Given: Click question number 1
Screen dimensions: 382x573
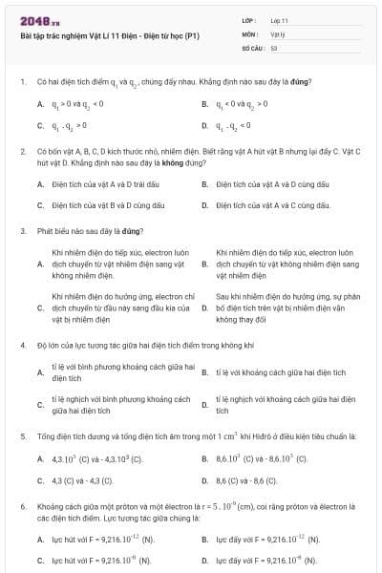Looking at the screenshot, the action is tap(22, 81).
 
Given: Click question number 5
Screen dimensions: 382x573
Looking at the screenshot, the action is tap(22, 436).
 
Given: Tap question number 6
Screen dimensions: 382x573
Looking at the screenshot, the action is tap(22, 505).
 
